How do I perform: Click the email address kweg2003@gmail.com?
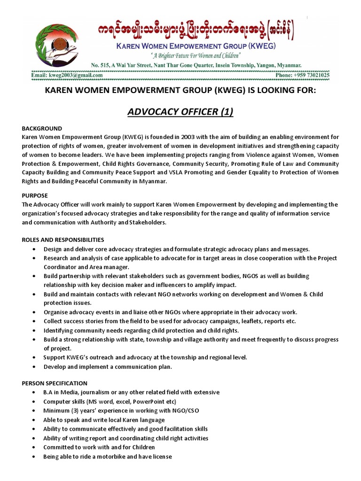[x=66, y=75]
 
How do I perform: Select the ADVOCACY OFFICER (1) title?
[x=180, y=112]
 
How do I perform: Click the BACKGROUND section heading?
[x=42, y=129]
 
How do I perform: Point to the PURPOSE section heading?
[x=35, y=195]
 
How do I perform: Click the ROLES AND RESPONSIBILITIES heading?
[x=63, y=240]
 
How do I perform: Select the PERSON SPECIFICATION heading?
[x=55, y=383]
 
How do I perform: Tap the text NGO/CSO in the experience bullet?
[x=187, y=411]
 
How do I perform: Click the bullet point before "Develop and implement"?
[x=35, y=367]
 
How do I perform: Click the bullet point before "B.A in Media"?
[x=35, y=393]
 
